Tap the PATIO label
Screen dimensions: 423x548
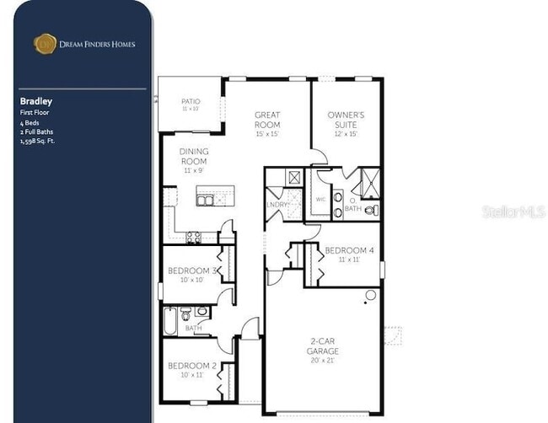pos(191,104)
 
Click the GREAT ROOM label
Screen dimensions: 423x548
pos(267,120)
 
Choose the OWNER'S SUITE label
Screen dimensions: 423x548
pos(346,120)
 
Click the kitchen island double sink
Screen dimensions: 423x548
pos(206,199)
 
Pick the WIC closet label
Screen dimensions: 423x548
pos(320,200)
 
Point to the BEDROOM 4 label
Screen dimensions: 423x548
pos(349,254)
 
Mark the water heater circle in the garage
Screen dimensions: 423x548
pos(369,296)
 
